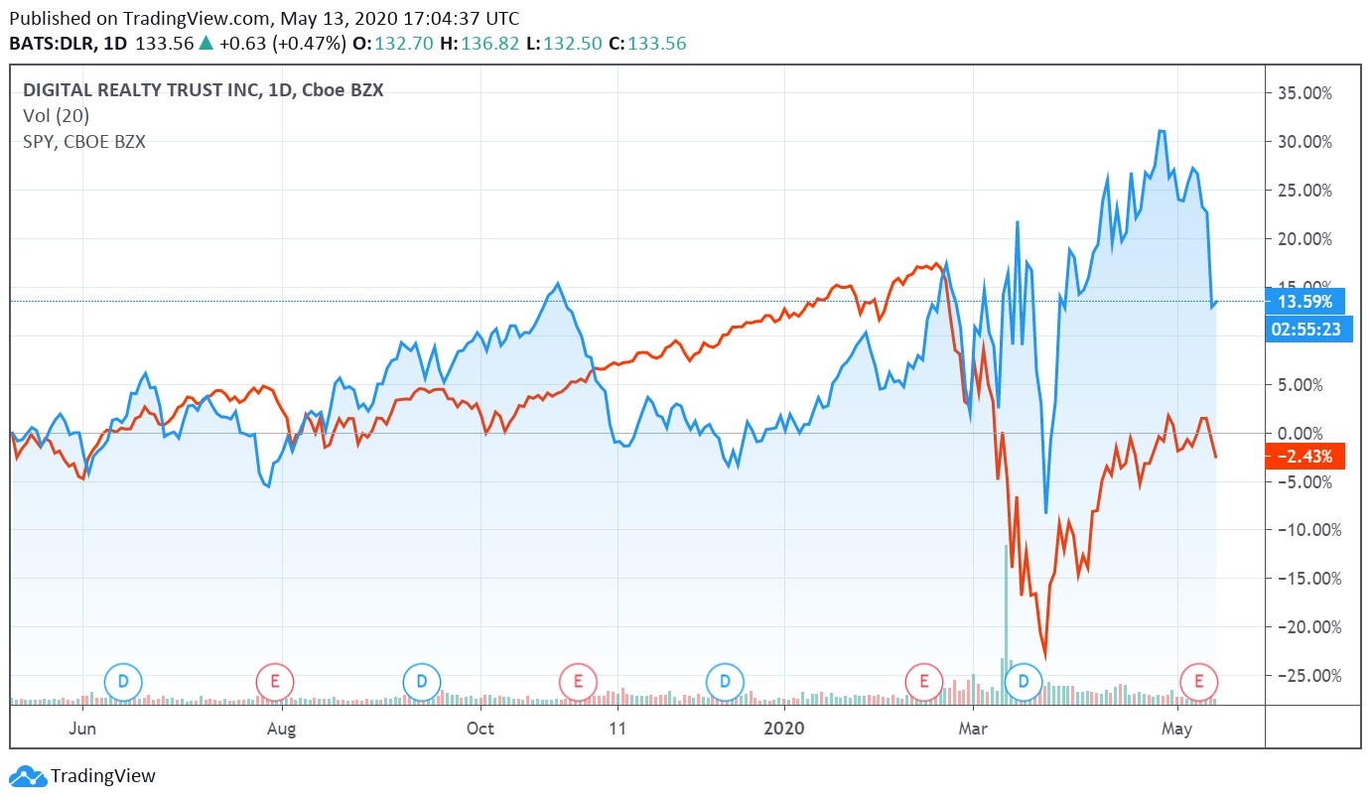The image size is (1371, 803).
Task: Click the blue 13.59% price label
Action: point(1305,301)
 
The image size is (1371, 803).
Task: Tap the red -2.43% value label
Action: point(1305,456)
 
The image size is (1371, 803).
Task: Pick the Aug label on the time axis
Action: point(283,729)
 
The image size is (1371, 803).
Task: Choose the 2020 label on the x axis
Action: point(784,729)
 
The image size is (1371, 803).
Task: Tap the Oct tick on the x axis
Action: point(480,729)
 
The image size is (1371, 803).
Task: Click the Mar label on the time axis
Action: point(974,729)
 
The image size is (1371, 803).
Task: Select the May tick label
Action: point(1177,729)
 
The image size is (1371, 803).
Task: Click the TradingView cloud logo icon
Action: point(27,776)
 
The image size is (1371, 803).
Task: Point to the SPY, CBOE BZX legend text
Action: point(84,141)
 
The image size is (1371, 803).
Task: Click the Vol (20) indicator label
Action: point(57,116)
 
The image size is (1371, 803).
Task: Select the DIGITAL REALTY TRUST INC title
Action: point(139,90)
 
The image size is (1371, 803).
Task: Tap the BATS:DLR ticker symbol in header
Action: point(51,44)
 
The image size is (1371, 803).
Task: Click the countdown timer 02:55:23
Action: point(1305,328)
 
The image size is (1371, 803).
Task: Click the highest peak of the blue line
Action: point(1161,131)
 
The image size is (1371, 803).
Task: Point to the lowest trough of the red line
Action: point(1044,655)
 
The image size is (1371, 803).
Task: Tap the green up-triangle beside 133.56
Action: point(206,44)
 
